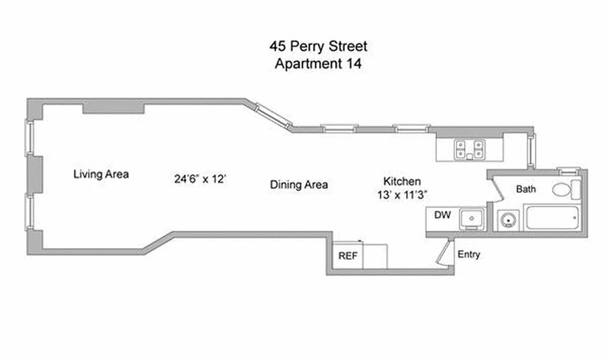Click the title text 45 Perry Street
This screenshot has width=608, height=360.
coord(318,46)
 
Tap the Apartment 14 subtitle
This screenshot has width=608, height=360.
coord(318,63)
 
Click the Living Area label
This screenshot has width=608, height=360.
coord(101,174)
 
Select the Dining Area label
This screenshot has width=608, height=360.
coord(299,184)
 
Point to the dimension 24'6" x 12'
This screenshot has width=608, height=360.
coord(200,179)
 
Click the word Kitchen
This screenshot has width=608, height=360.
coord(402,181)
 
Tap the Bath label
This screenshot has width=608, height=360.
coord(526,189)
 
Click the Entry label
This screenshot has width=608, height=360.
coord(469,255)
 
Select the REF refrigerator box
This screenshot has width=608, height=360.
coord(348,256)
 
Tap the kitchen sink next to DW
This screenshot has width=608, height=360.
coord(471,219)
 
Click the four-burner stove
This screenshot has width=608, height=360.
coord(469,148)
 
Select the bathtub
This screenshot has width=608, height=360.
coord(553,217)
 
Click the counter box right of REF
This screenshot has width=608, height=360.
coord(375,256)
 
